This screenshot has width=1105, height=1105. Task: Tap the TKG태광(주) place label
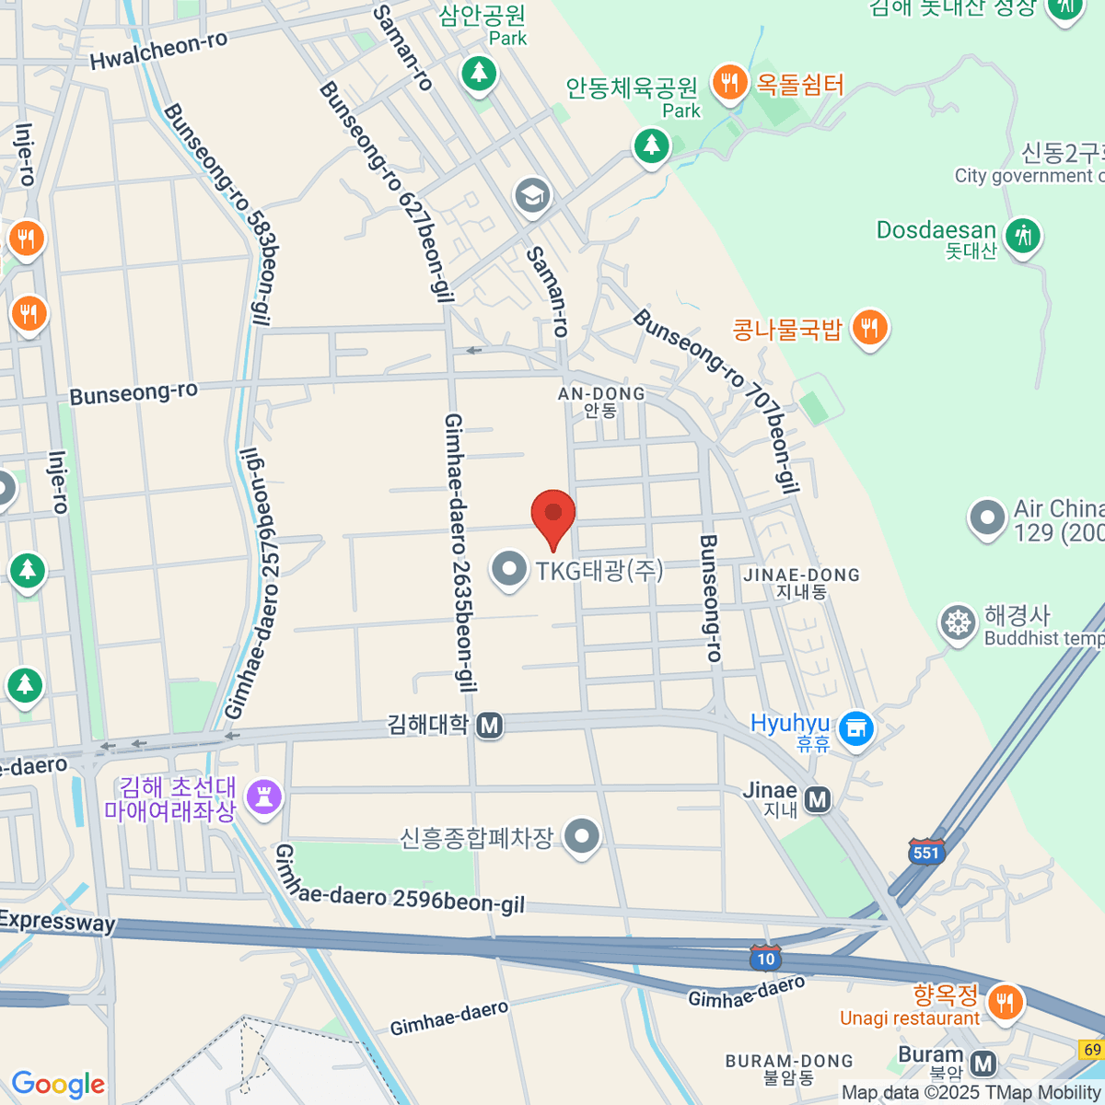click(x=599, y=571)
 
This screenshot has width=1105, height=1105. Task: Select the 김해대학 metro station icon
click(x=489, y=726)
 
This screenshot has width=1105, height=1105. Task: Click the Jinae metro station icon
click(x=817, y=799)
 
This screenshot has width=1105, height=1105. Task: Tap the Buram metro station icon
click(x=983, y=1064)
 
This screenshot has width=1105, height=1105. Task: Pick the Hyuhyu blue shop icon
click(x=856, y=729)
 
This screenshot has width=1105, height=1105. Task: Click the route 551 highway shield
click(x=926, y=852)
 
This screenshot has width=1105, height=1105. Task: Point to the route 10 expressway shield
click(x=765, y=959)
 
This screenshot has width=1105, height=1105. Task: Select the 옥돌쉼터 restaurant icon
click(x=728, y=84)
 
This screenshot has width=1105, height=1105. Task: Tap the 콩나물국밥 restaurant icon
click(x=868, y=327)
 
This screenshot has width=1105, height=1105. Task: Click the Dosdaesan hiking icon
click(x=1022, y=236)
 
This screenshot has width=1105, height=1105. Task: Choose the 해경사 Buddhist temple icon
click(x=958, y=623)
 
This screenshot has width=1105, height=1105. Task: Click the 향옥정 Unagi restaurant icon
click(x=1004, y=1001)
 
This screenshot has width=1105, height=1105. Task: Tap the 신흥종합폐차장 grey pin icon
click(x=581, y=836)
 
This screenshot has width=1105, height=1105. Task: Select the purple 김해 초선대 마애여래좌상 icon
click(x=264, y=797)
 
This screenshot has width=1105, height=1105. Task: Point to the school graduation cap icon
click(x=532, y=195)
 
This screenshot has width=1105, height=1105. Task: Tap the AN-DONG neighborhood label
click(x=601, y=401)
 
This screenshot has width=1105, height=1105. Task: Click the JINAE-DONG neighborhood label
click(x=801, y=583)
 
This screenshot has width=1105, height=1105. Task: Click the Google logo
click(x=58, y=1085)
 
